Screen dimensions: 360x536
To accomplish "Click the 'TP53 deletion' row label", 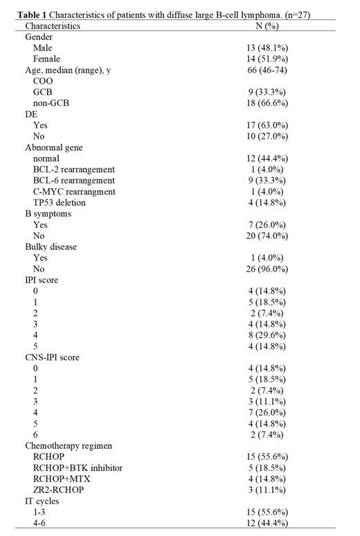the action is click(64, 203).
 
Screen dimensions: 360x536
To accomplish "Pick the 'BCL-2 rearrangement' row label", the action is click(74, 170).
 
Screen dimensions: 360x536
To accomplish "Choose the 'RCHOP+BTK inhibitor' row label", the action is click(77, 469).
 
